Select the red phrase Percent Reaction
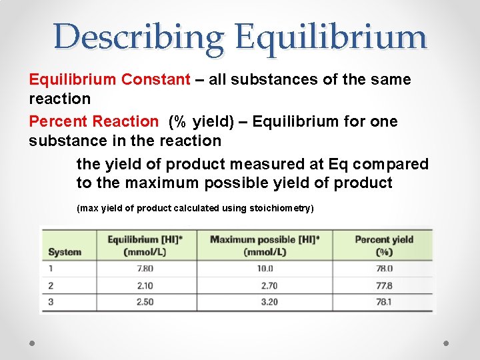click(93, 121)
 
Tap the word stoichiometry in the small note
click(280, 208)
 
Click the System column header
click(65, 252)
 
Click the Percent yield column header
click(384, 245)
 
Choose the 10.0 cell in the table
click(265, 269)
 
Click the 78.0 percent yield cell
click(384, 269)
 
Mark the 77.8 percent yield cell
click(384, 285)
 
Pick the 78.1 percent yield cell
click(384, 302)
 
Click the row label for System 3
click(51, 302)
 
